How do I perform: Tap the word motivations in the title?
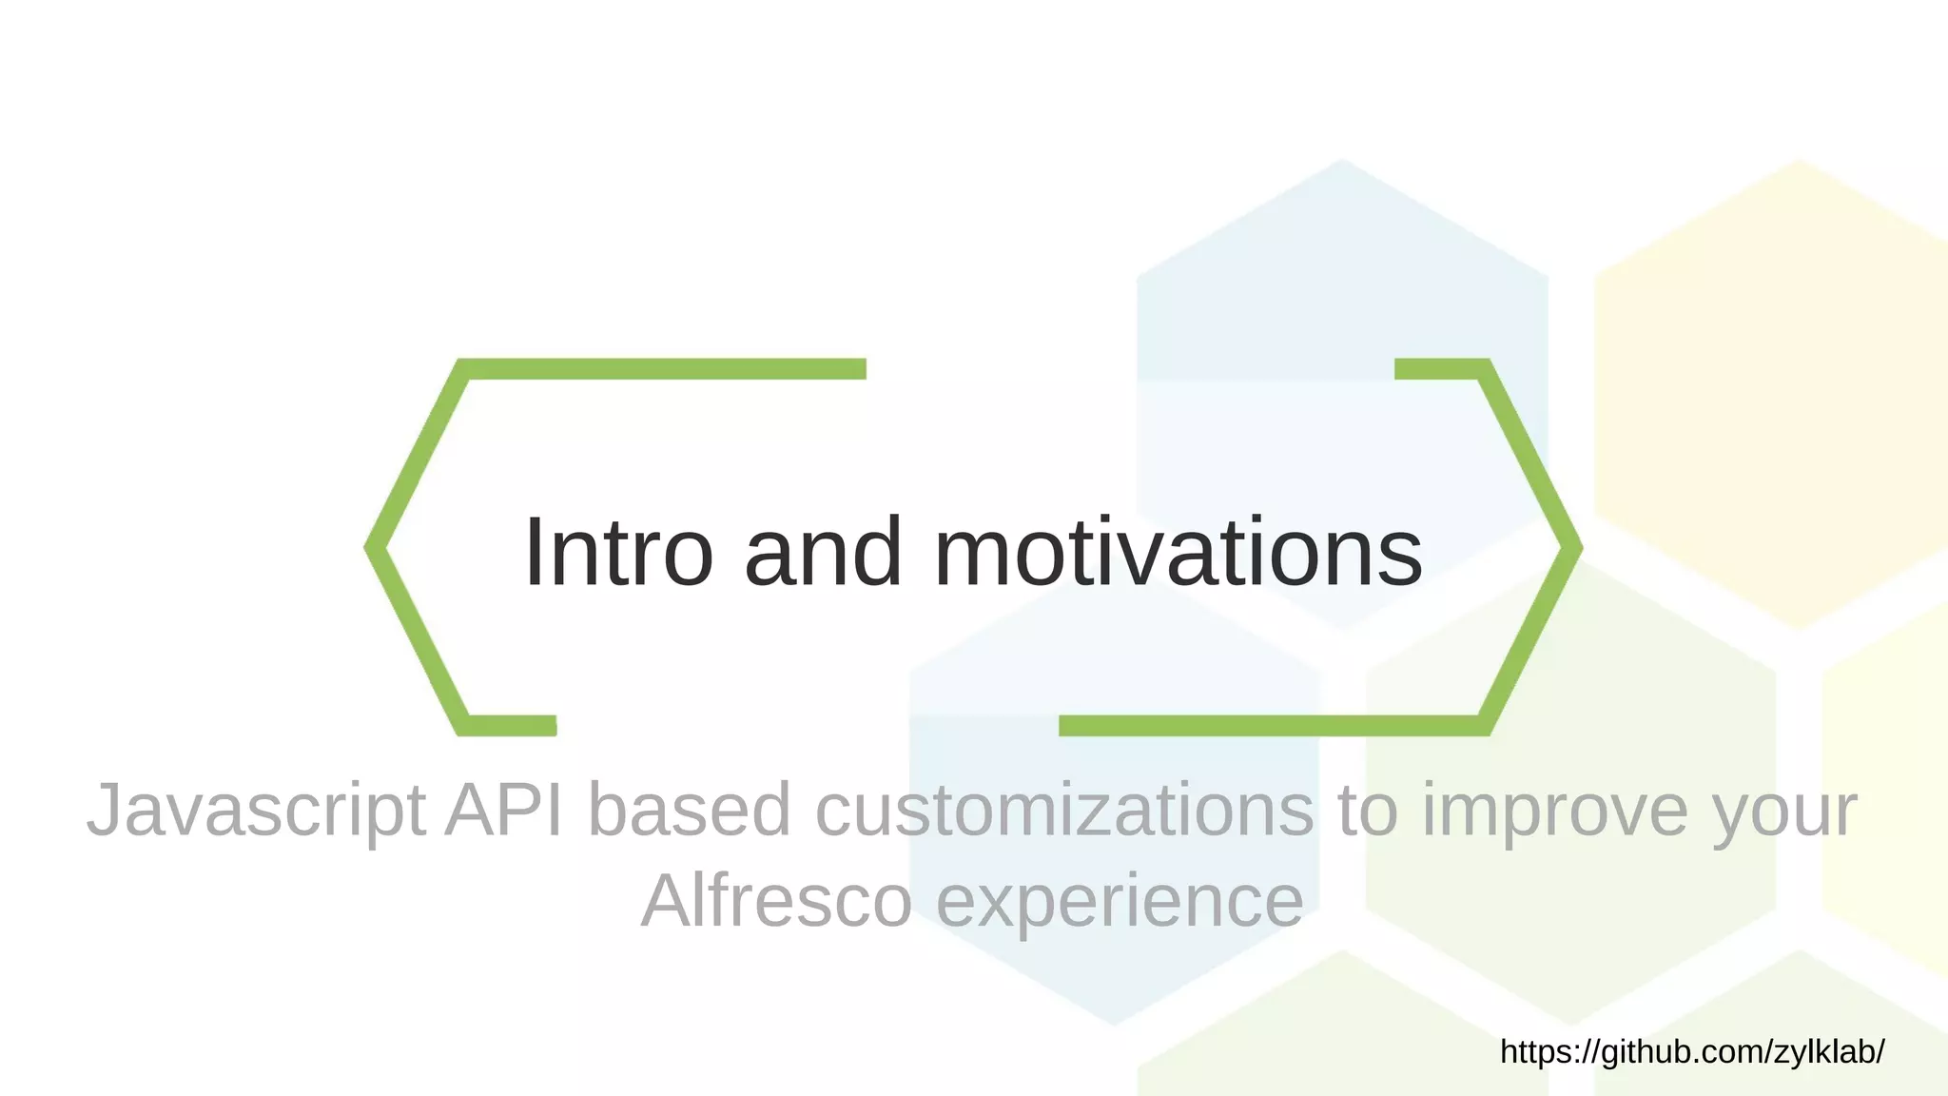click(1179, 552)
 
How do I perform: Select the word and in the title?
click(823, 552)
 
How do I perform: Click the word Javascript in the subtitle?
click(256, 811)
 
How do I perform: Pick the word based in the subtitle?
click(690, 809)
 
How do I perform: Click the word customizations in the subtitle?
click(1064, 809)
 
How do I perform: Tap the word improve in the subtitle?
click(1554, 811)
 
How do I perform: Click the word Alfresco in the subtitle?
click(776, 900)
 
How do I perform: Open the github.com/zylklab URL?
click(1692, 1051)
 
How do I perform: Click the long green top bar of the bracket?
click(666, 369)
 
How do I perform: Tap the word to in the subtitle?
click(1368, 809)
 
